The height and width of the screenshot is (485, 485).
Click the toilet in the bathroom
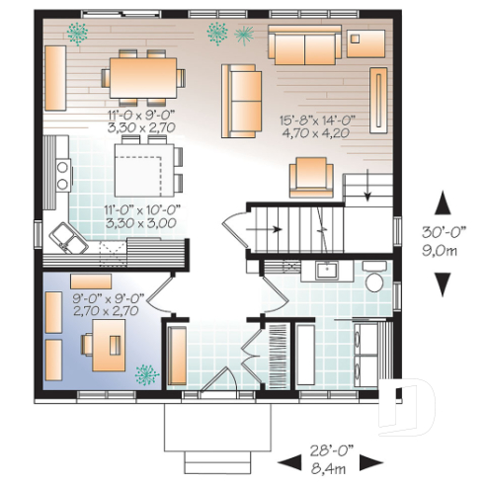click(x=374, y=280)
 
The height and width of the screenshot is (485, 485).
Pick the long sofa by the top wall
click(x=305, y=45)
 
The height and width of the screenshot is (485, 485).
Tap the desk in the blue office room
click(x=103, y=345)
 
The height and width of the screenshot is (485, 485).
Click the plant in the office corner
click(x=146, y=373)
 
